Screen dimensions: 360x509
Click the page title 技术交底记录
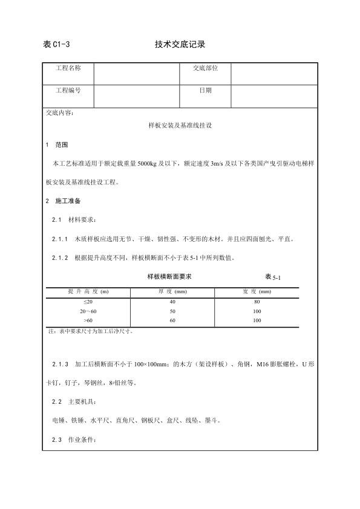pyautogui.click(x=180, y=44)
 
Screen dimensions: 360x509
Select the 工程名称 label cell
pyautogui.click(x=68, y=68)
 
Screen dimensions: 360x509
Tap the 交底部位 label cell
pyautogui.click(x=205, y=68)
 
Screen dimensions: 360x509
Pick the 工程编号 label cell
pyautogui.click(x=68, y=90)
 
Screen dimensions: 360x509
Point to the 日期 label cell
pyautogui.click(x=205, y=90)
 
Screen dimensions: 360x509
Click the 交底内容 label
pyautogui.click(x=60, y=112)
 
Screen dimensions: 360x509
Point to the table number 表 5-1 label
pyautogui.click(x=273, y=277)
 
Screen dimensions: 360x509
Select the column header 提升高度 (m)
pyautogui.click(x=88, y=291)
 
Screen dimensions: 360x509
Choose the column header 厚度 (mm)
pyautogui.click(x=172, y=291)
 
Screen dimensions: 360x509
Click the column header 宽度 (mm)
pyautogui.click(x=257, y=291)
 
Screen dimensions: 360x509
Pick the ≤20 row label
pyautogui.click(x=88, y=301)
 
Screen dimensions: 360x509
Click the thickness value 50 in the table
pyautogui.click(x=172, y=311)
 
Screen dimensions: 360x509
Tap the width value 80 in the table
pyautogui.click(x=257, y=301)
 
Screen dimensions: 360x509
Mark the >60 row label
pyautogui.click(x=88, y=320)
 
